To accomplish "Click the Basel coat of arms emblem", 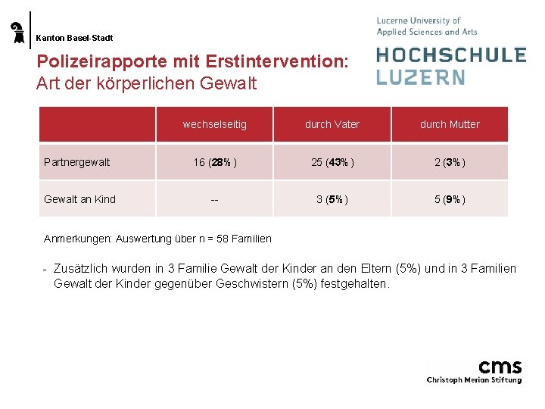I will pyautogui.click(x=17, y=33).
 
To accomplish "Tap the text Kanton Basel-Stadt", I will pyautogui.click(x=74, y=37).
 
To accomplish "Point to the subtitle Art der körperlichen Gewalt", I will pyautogui.click(x=146, y=83).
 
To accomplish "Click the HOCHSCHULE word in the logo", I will pyautogui.click(x=451, y=55).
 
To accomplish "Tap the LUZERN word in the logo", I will pyautogui.click(x=420, y=76).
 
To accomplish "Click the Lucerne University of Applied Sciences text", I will pyautogui.click(x=427, y=27).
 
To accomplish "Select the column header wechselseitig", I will pyautogui.click(x=214, y=124).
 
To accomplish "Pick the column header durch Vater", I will pyautogui.click(x=332, y=124).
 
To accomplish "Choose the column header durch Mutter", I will pyautogui.click(x=450, y=124).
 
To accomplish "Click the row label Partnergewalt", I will pyautogui.click(x=77, y=162).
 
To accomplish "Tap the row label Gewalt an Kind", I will pyautogui.click(x=80, y=199).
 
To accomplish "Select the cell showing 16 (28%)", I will pyautogui.click(x=214, y=162).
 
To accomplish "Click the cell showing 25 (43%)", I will pyautogui.click(x=332, y=162).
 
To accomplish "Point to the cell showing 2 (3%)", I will pyautogui.click(x=450, y=162).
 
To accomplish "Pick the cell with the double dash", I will pyautogui.click(x=214, y=200).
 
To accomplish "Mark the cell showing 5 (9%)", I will pyautogui.click(x=450, y=200).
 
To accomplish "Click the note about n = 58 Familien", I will pyautogui.click(x=157, y=239).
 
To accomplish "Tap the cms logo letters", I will pyautogui.click(x=500, y=367).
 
